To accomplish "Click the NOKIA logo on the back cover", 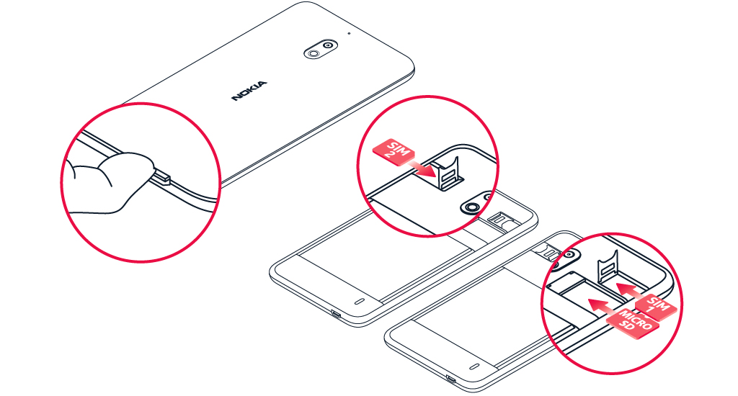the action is pyautogui.click(x=249, y=91).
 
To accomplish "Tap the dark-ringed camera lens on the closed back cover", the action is pyautogui.click(x=328, y=45).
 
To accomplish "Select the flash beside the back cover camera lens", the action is pyautogui.click(x=312, y=53).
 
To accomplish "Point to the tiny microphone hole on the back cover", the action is pyautogui.click(x=349, y=33).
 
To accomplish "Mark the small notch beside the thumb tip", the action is pyautogui.click(x=161, y=177).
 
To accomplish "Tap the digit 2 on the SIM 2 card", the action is pyautogui.click(x=390, y=155).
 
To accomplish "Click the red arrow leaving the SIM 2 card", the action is pyautogui.click(x=422, y=169).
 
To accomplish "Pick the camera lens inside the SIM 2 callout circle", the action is pyautogui.click(x=470, y=207).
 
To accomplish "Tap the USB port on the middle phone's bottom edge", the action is pyautogui.click(x=336, y=314).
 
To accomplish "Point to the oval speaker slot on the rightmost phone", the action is pyautogui.click(x=474, y=366).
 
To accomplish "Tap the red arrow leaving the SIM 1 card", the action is pyautogui.click(x=631, y=292).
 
